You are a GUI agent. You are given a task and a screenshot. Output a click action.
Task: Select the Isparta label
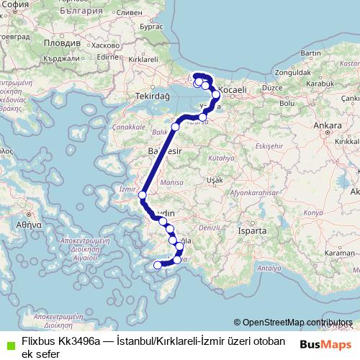pos(258,232)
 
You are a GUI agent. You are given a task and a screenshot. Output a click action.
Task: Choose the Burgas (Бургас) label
pos(151,25)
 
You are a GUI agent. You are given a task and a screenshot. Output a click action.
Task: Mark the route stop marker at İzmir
pos(143,195)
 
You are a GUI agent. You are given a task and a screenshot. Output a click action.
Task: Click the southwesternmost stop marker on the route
pos(158,265)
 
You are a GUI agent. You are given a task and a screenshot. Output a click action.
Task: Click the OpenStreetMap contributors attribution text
pos(296,322)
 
